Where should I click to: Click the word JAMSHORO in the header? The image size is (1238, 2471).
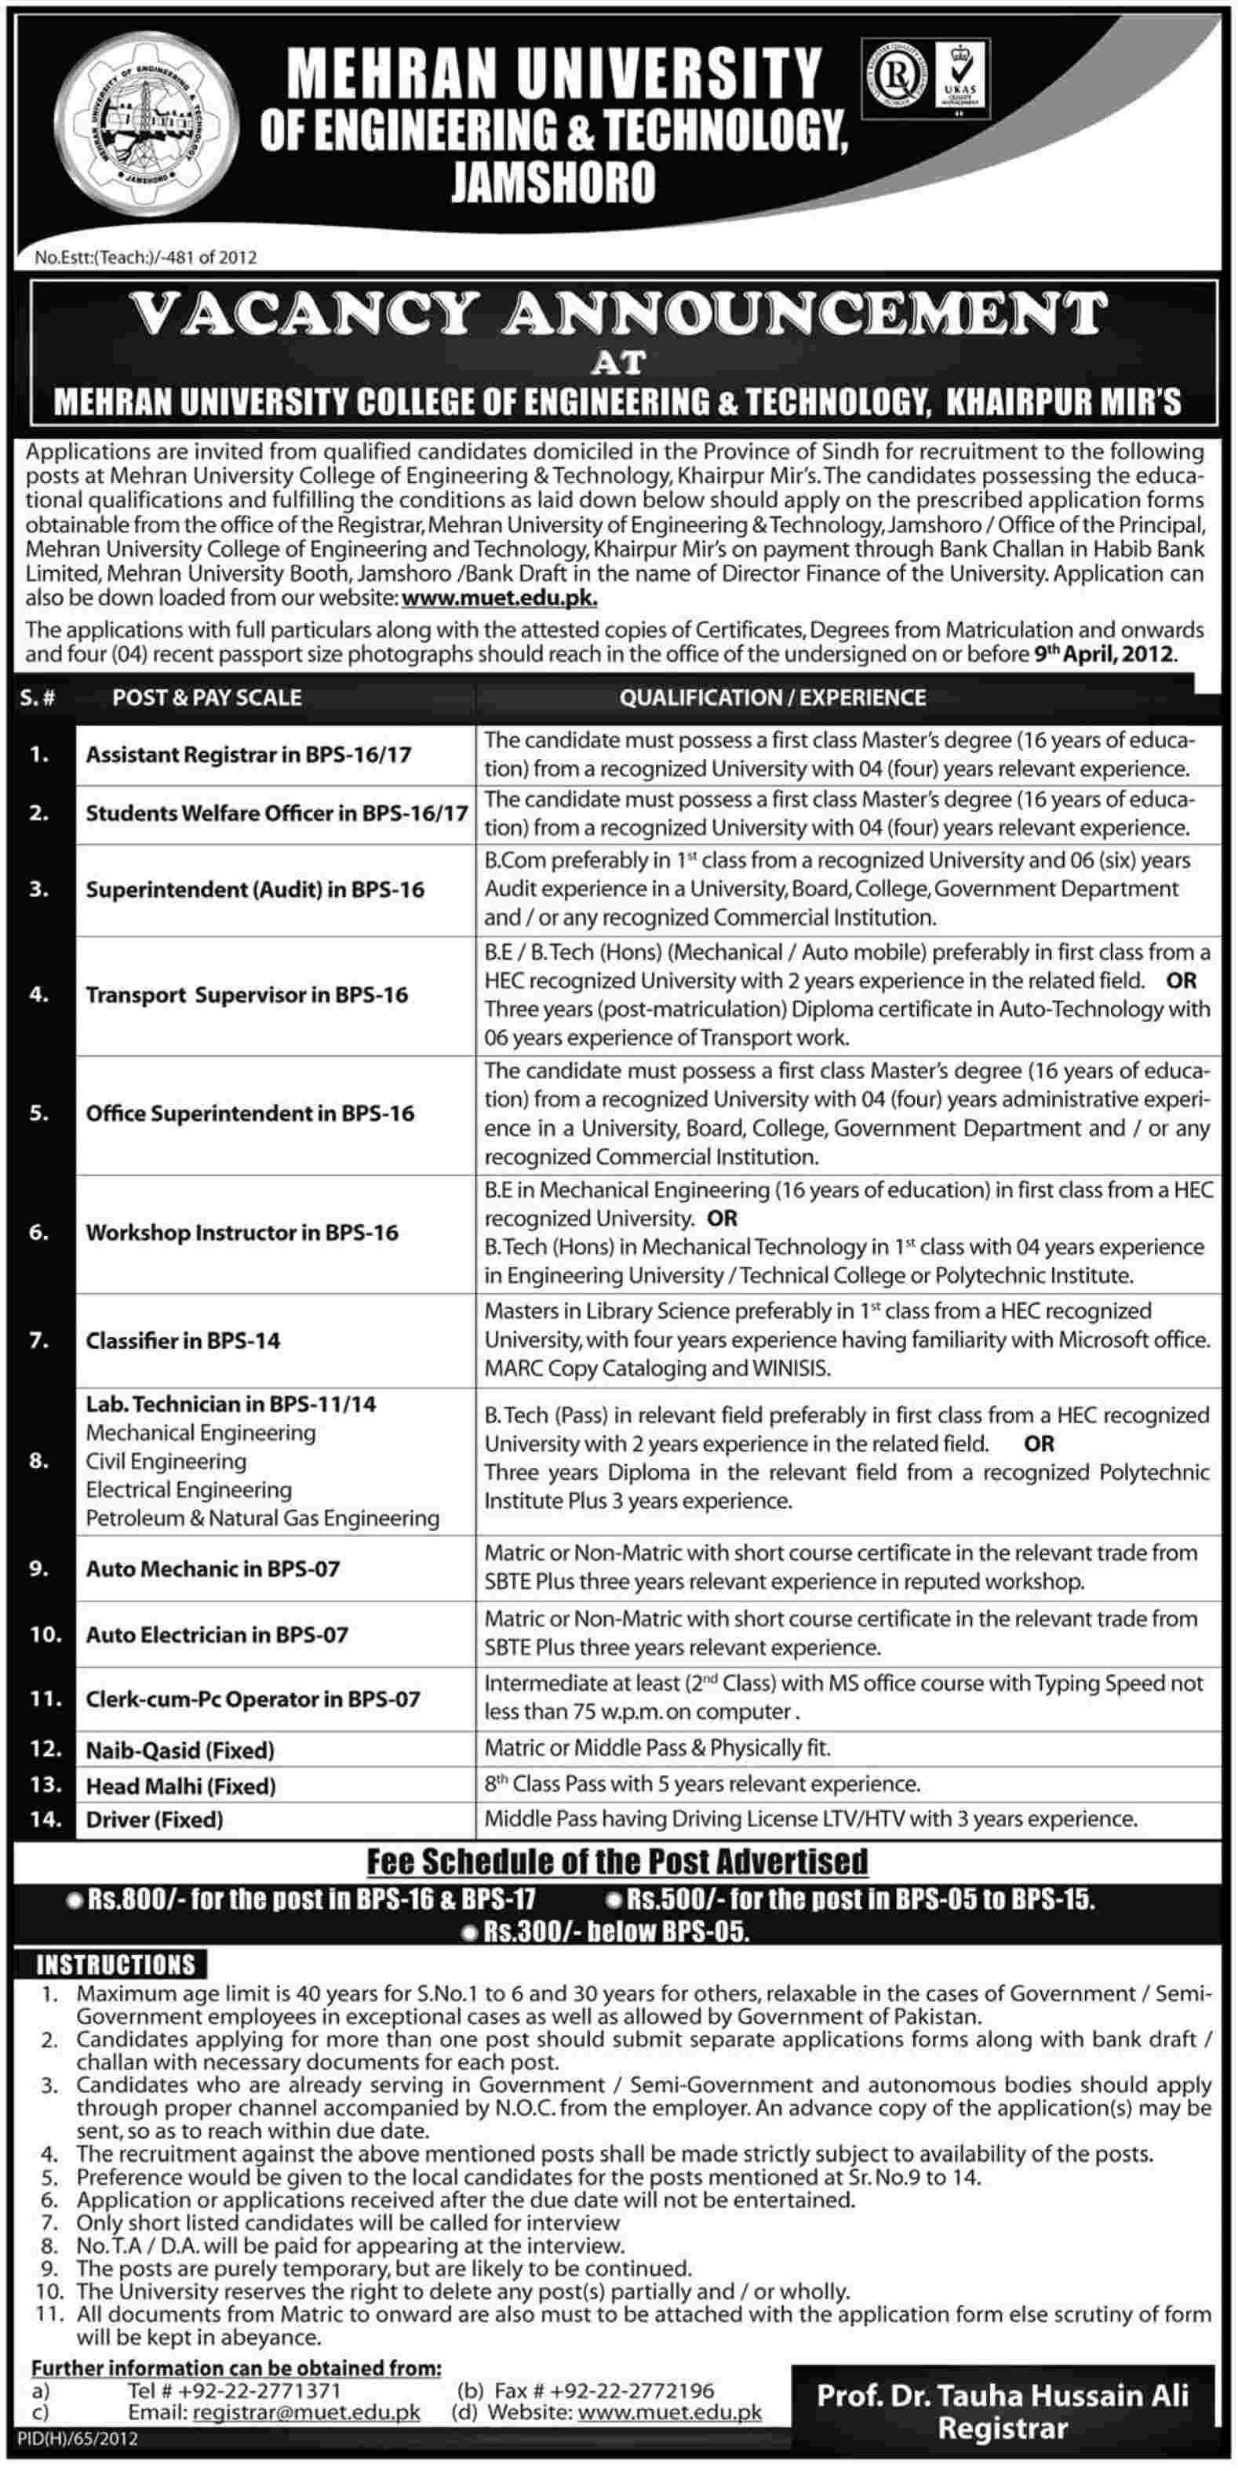coord(554,180)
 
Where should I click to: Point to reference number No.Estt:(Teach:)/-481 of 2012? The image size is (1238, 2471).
coord(146,257)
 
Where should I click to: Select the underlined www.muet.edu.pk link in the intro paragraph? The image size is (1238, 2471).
coord(500,598)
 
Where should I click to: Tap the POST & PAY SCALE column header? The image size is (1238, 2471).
coord(206,697)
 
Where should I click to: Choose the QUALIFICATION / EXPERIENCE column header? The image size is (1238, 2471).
coord(773,697)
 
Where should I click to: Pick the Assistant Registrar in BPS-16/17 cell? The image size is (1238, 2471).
coord(249,755)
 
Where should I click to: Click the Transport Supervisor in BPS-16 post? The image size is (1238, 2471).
coord(246,994)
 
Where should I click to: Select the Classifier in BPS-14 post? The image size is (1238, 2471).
coord(182,1340)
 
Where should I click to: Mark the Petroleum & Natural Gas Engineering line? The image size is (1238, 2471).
coord(262,1518)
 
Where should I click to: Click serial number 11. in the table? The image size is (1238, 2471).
coord(45,1699)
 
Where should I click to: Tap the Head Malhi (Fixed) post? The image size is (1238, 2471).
coord(180,1785)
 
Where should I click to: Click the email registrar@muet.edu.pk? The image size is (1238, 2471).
coord(306,2432)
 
